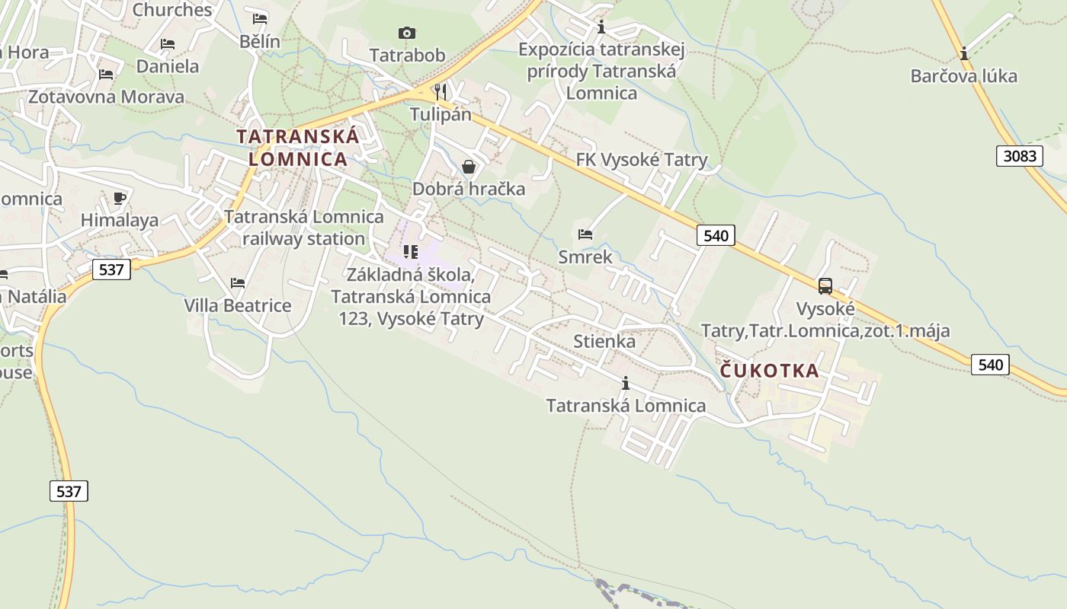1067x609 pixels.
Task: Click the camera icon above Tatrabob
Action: [407, 33]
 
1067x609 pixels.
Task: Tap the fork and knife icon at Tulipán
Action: [441, 92]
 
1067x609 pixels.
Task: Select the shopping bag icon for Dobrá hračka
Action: [469, 167]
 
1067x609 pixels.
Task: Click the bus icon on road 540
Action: [825, 286]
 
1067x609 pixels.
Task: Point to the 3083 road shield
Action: [1020, 156]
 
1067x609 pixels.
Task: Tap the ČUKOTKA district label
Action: [770, 371]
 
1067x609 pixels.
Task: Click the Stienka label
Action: [604, 340]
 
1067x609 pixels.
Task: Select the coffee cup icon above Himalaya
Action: [120, 199]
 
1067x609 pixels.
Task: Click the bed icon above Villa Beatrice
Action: [238, 283]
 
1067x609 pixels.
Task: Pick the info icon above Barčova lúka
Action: [964, 53]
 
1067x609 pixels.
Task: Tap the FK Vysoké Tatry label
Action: [642, 160]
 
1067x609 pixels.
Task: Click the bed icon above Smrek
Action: [585, 234]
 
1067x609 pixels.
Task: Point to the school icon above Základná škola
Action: [411, 251]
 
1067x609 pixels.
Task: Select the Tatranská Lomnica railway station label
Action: [304, 228]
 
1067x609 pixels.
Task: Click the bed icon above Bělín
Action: [260, 18]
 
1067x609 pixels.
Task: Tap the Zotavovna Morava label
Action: [107, 97]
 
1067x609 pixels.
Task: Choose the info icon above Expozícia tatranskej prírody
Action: [601, 27]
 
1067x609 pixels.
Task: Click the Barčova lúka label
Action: [964, 76]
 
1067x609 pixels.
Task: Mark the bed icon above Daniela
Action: [168, 44]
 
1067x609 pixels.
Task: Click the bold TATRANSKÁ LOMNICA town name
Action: [297, 148]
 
